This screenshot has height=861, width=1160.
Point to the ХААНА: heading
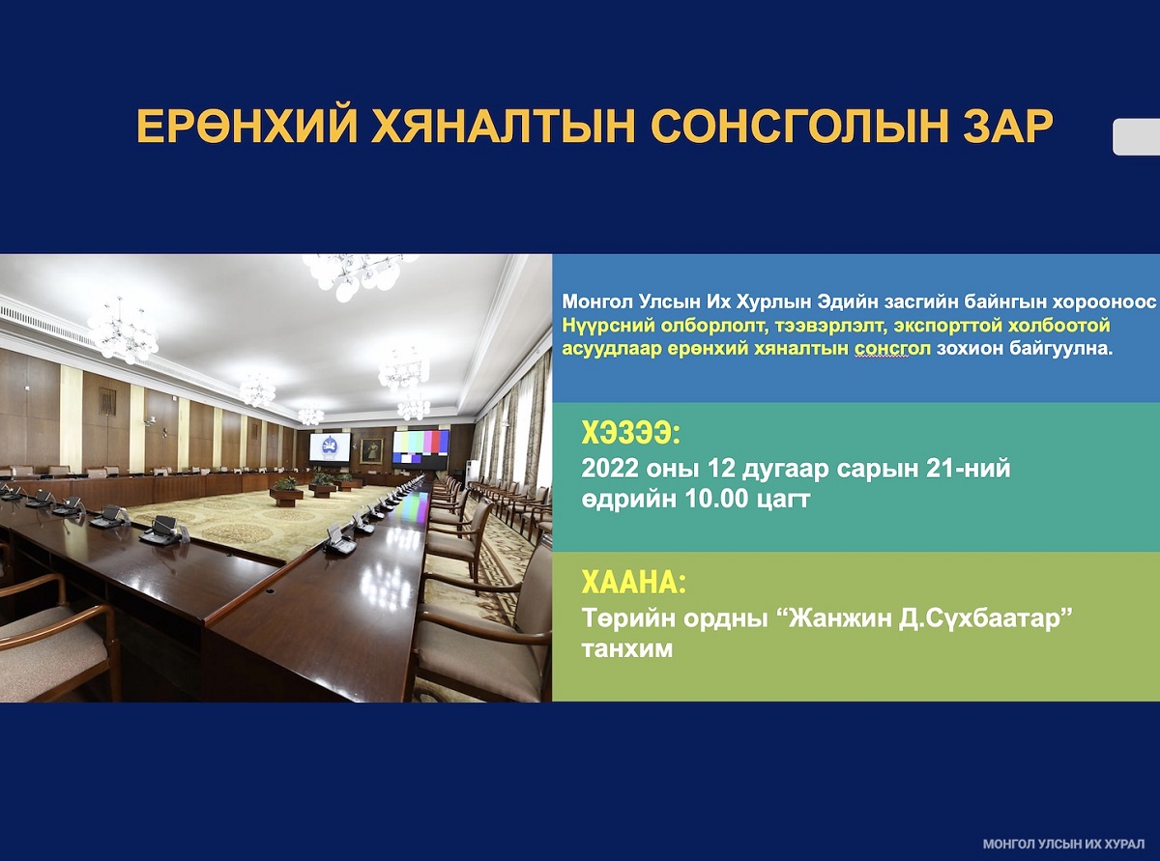point(633,583)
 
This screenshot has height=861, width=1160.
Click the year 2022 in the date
point(609,469)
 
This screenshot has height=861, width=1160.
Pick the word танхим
point(627,649)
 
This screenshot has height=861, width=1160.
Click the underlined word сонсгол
point(893,349)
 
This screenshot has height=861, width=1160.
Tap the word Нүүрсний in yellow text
point(608,326)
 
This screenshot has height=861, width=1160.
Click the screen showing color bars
point(420,447)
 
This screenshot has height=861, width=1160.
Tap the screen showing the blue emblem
point(330,447)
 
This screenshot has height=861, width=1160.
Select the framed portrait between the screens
point(371,450)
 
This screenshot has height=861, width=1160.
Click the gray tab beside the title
point(1137,137)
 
